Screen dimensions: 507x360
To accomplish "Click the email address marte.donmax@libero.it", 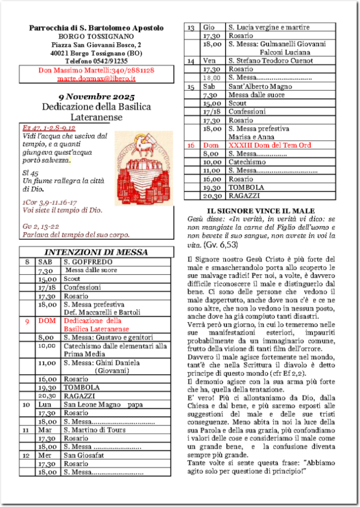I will pos(96,79).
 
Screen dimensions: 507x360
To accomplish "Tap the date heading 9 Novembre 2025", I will pos(96,97).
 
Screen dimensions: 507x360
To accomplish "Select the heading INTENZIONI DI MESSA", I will pos(96,252).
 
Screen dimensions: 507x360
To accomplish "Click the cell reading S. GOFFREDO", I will pos(88,262).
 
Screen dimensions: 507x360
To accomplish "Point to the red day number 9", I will pos(27,321).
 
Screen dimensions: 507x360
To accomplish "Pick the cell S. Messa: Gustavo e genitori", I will pos(107,337).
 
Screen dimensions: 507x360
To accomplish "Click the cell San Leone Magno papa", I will pos(103,405).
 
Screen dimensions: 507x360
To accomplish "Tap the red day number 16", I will pos(191,145).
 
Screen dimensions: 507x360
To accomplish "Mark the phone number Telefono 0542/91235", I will pos(96,61).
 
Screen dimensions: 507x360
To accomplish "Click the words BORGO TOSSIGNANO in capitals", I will pos(96,36).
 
